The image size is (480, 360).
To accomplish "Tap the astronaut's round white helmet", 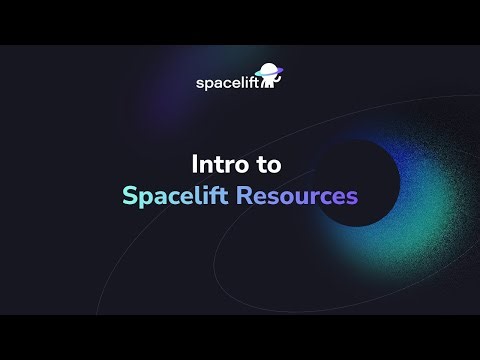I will click(x=270, y=73).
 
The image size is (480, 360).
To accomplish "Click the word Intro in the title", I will click(x=218, y=162).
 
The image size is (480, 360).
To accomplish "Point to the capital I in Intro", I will click(x=194, y=162).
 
